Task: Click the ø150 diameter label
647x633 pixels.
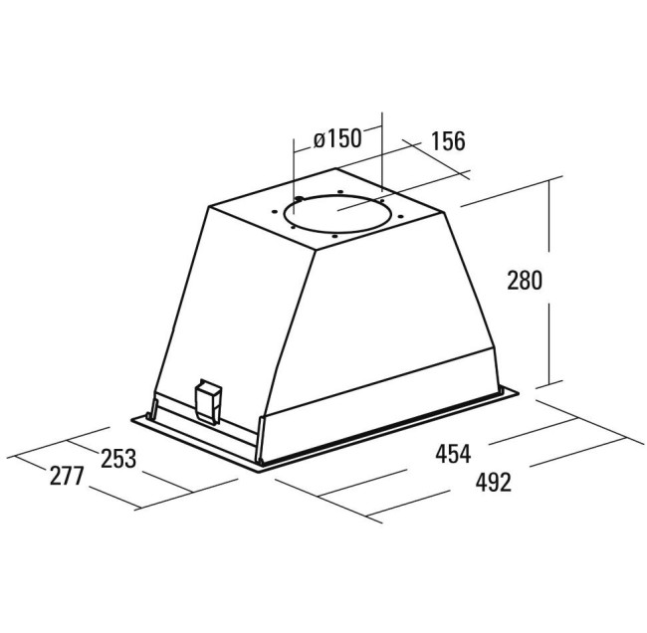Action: pyautogui.click(x=337, y=138)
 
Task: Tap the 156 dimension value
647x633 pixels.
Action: pyautogui.click(x=448, y=140)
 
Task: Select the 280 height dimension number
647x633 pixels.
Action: pyautogui.click(x=524, y=280)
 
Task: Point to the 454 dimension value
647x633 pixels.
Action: pyautogui.click(x=453, y=454)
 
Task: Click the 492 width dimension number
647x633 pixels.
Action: pyautogui.click(x=494, y=482)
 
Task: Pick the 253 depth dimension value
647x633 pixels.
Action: pyautogui.click(x=118, y=459)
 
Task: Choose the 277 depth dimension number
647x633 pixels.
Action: pyautogui.click(x=67, y=476)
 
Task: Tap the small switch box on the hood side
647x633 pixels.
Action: pyautogui.click(x=209, y=401)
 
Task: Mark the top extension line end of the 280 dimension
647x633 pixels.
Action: pyautogui.click(x=562, y=176)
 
